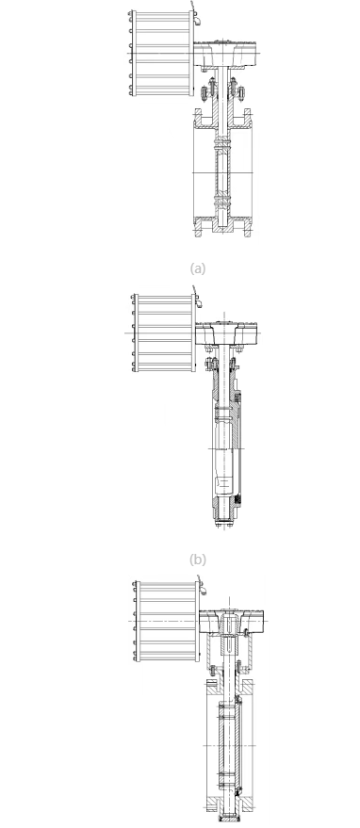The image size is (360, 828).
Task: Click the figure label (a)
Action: tap(198, 268)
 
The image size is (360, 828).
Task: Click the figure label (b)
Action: tap(198, 560)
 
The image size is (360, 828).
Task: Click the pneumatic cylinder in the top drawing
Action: tap(161, 54)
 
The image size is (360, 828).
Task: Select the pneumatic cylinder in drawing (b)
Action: tap(164, 333)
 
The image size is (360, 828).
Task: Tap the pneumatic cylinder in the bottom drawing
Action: tap(167, 621)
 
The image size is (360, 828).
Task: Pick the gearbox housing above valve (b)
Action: tap(226, 333)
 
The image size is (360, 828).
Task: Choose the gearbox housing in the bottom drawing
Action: tap(232, 622)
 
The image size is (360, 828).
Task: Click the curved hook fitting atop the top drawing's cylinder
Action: tap(196, 17)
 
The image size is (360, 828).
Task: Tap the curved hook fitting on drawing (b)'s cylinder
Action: tap(198, 299)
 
